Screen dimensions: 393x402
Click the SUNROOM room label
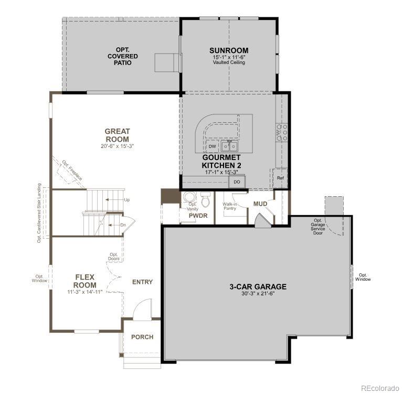tap(229, 51)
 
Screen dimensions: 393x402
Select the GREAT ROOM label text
tap(117, 135)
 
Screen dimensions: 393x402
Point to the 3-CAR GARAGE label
tap(258, 286)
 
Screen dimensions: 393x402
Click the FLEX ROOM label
tap(84, 281)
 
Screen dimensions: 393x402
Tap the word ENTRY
tap(142, 282)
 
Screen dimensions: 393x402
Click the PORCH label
tap(142, 337)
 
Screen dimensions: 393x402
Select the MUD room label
tap(260, 204)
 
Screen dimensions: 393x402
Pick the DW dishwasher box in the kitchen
tap(212, 146)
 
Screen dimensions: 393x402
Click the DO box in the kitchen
tap(237, 182)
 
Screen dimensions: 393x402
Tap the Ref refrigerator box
tap(280, 178)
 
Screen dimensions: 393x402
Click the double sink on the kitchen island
tap(229, 146)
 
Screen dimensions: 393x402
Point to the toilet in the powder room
tap(205, 200)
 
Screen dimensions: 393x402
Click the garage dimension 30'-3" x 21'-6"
tap(258, 294)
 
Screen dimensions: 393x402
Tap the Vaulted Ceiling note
tap(229, 62)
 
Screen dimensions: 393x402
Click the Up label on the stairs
tap(127, 200)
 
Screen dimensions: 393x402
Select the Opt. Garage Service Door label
tap(318, 226)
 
